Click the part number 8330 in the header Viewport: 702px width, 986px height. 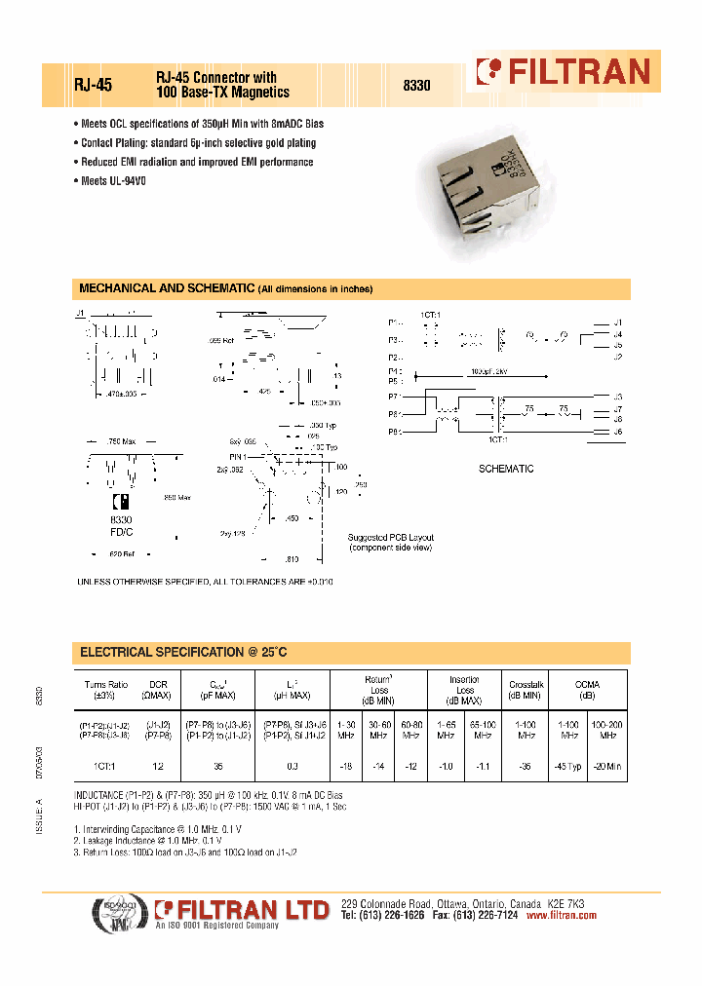tap(417, 86)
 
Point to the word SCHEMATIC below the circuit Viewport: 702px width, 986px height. tap(506, 469)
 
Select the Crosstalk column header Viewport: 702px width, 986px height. tap(525, 690)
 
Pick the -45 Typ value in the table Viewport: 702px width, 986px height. tap(567, 768)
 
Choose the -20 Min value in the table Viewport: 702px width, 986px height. tap(609, 768)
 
